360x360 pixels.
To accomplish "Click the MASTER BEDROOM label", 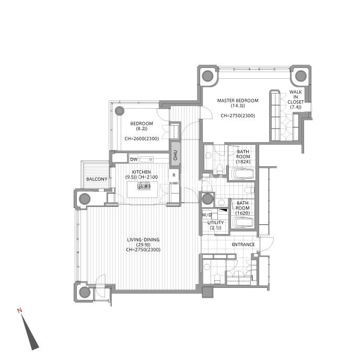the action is [x=238, y=100].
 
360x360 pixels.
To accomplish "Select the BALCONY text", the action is [x=97, y=179].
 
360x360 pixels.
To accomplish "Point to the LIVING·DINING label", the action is [x=143, y=240].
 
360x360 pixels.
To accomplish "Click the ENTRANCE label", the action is [x=243, y=245].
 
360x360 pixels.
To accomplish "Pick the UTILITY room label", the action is [x=216, y=223].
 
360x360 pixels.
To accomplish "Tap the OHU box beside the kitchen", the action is [x=175, y=155].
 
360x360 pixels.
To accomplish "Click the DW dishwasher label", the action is [x=134, y=159].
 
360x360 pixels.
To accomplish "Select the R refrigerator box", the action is [x=174, y=176].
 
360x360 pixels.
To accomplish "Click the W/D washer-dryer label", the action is [x=207, y=215].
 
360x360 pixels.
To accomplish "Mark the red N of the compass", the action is [x=19, y=311].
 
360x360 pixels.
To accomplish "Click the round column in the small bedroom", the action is [x=119, y=111].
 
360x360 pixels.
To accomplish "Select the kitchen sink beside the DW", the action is [x=146, y=159].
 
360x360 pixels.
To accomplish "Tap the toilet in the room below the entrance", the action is [x=216, y=278].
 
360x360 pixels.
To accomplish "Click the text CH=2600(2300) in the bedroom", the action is [x=142, y=138].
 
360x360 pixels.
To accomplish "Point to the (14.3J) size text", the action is [x=238, y=106].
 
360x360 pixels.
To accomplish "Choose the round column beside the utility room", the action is [x=207, y=199].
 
